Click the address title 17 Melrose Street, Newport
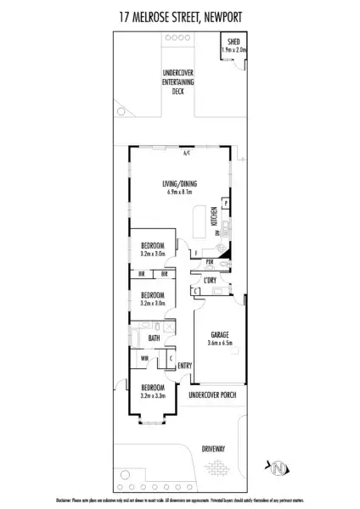pyautogui.click(x=180, y=14)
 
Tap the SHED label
pyautogui.click(x=231, y=42)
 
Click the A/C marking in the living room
pyautogui.click(x=185, y=154)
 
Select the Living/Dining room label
pyautogui.click(x=179, y=184)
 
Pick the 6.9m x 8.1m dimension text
pyautogui.click(x=179, y=193)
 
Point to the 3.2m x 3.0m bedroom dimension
pyautogui.click(x=153, y=253)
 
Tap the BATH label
pyautogui.click(x=154, y=338)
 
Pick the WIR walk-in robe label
pyautogui.click(x=144, y=358)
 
